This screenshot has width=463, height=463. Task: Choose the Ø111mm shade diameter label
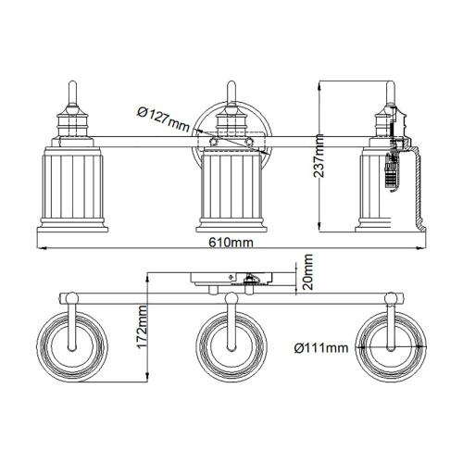(x=320, y=348)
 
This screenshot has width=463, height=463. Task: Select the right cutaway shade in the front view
(x=391, y=183)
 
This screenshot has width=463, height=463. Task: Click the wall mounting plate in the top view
(x=226, y=279)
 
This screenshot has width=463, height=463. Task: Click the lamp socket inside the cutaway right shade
(x=393, y=172)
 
